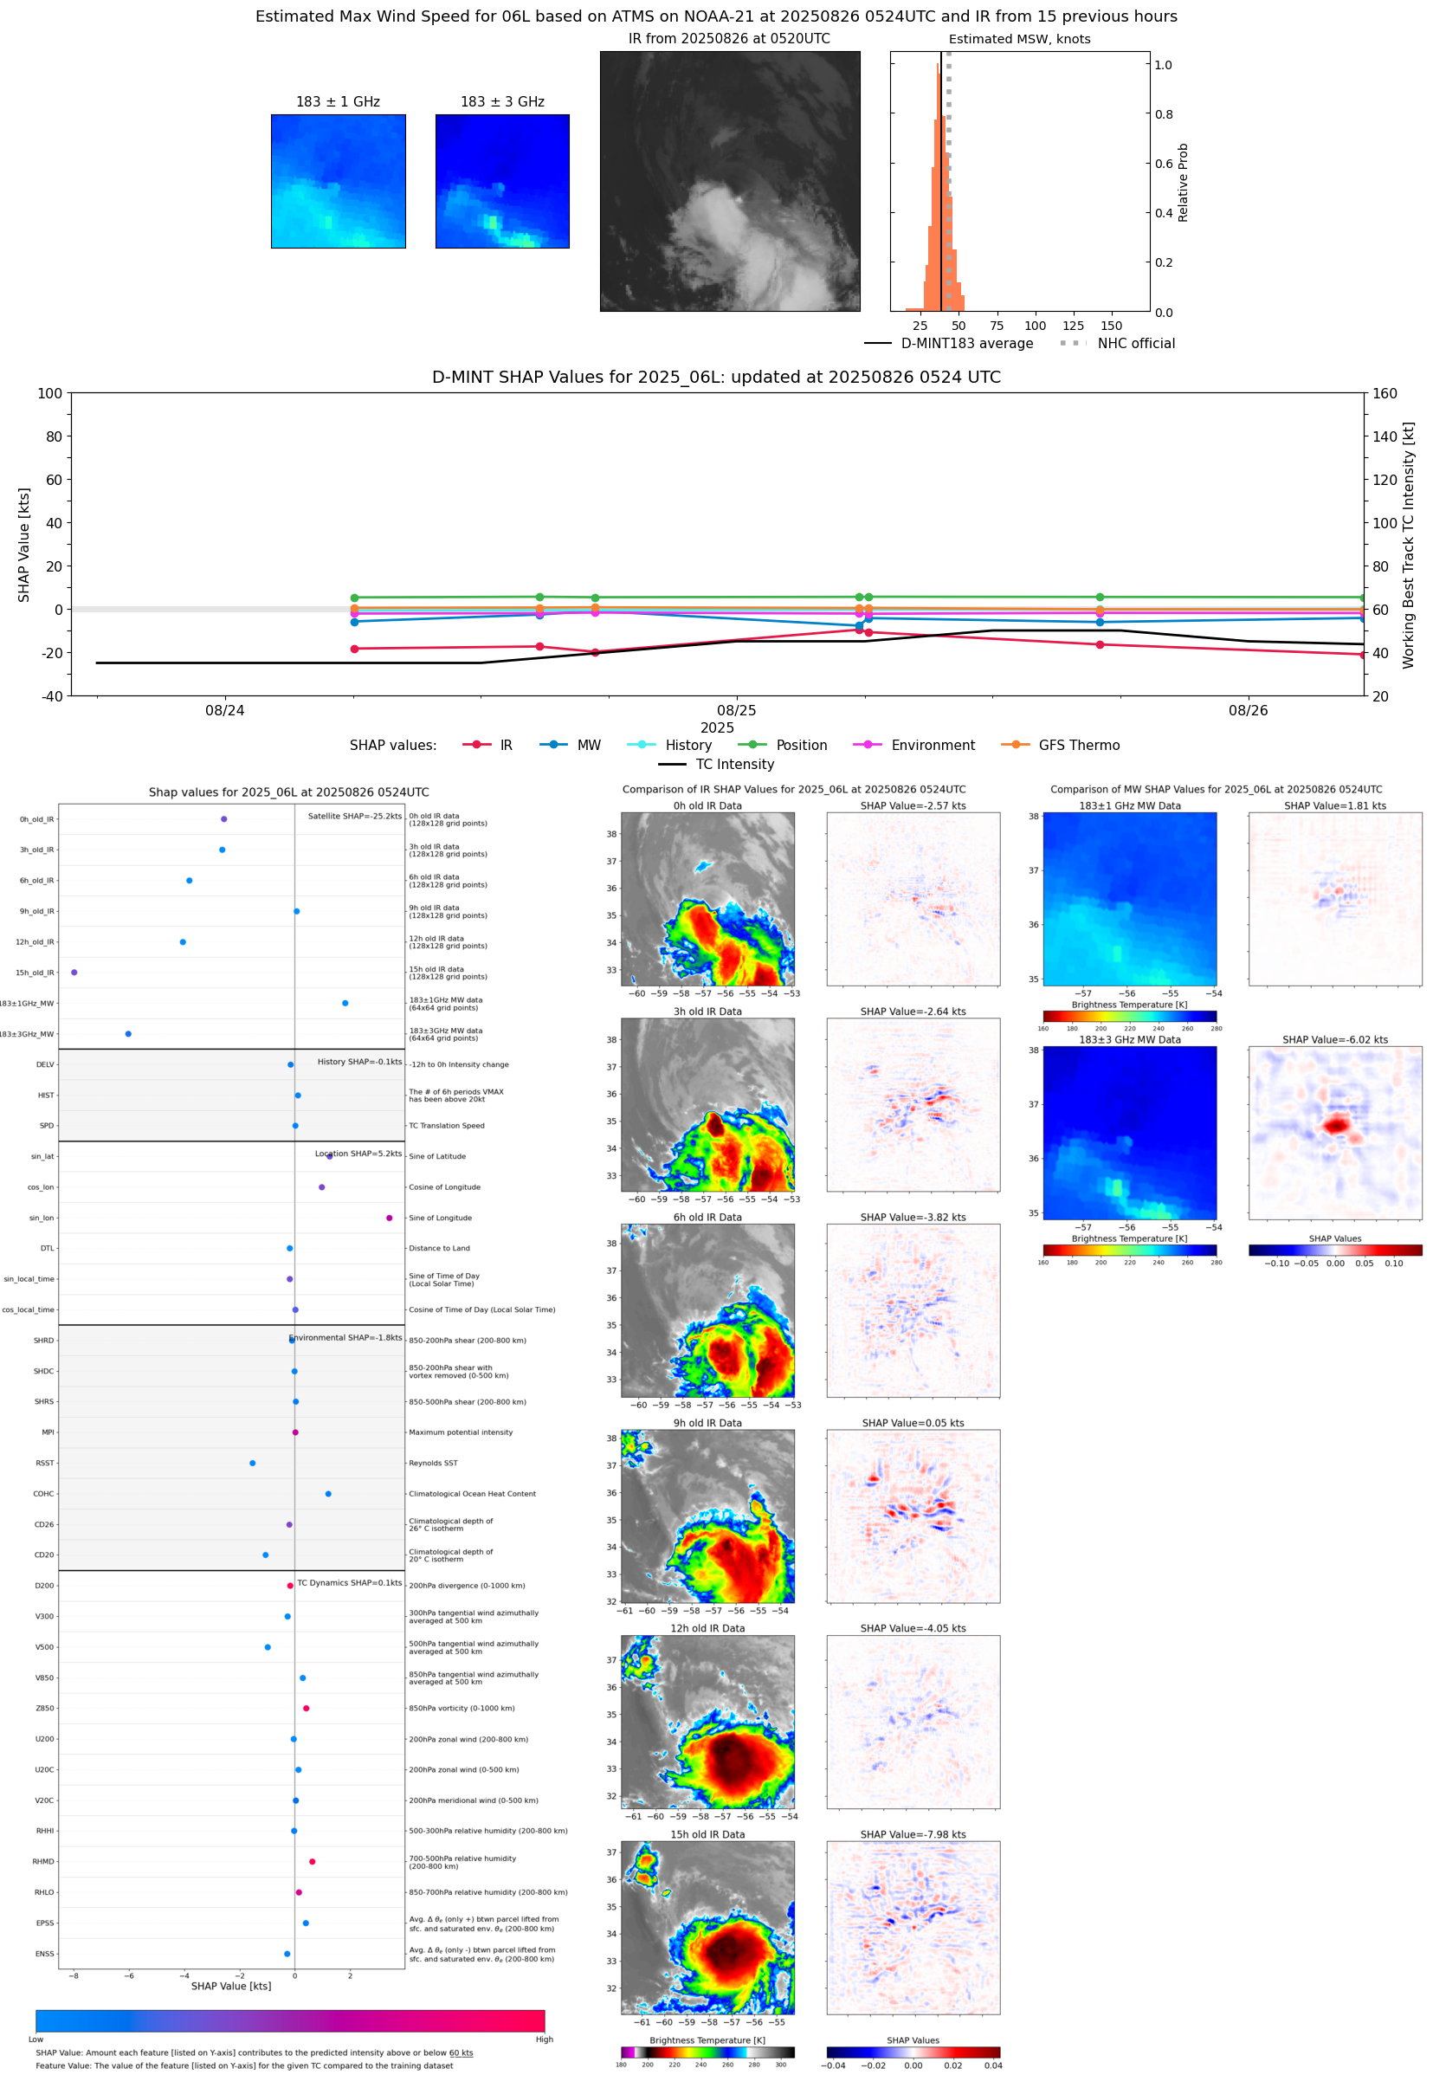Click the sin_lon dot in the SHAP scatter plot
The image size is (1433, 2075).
389,1218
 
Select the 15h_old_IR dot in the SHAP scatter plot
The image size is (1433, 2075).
74,973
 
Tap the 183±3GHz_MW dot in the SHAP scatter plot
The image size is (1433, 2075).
128,1033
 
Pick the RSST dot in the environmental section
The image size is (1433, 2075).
252,1463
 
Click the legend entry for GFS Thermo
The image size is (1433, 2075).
1078,746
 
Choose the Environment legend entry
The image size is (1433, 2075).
932,746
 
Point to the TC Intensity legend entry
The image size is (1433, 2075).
733,764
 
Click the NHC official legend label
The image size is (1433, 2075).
1135,343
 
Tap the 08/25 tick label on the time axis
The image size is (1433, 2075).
736,710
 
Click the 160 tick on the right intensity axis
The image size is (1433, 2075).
1385,393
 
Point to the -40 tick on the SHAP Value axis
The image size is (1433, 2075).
50,696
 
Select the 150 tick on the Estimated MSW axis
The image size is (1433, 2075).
1111,326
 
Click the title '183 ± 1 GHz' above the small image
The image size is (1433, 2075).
338,101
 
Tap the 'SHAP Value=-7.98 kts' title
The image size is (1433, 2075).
913,1834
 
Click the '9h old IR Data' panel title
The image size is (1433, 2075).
707,1423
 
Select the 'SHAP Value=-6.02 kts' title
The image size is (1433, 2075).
1334,1040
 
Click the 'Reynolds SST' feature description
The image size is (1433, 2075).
433,1463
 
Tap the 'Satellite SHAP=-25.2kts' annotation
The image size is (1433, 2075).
355,816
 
